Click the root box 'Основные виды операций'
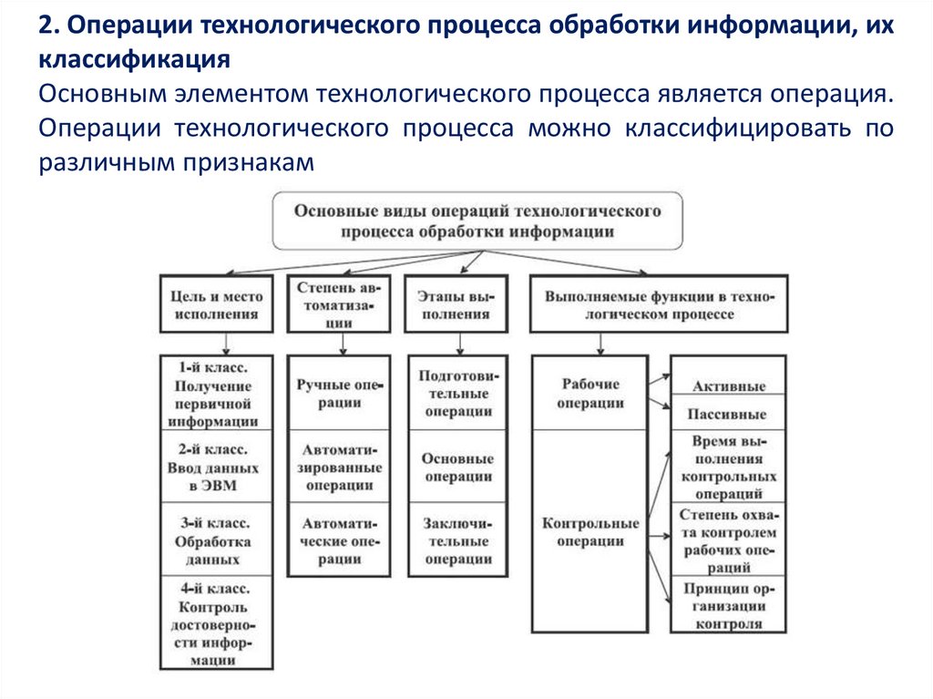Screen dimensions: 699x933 coord(477,221)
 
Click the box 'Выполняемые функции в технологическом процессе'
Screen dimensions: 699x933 coord(659,304)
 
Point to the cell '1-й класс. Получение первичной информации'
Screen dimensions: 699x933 coord(216,393)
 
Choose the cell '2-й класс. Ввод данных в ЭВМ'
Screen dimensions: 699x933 coord(216,467)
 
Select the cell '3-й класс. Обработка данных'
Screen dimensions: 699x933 coord(216,540)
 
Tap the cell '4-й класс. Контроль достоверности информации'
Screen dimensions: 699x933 coord(216,624)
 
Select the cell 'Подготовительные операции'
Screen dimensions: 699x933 coord(456,393)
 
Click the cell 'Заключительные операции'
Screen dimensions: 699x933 coord(456,540)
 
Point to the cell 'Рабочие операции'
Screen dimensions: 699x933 coord(590,393)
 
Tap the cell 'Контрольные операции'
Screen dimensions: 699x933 coord(590,531)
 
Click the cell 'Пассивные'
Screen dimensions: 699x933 coord(728,414)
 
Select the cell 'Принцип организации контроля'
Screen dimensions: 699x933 coord(728,605)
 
